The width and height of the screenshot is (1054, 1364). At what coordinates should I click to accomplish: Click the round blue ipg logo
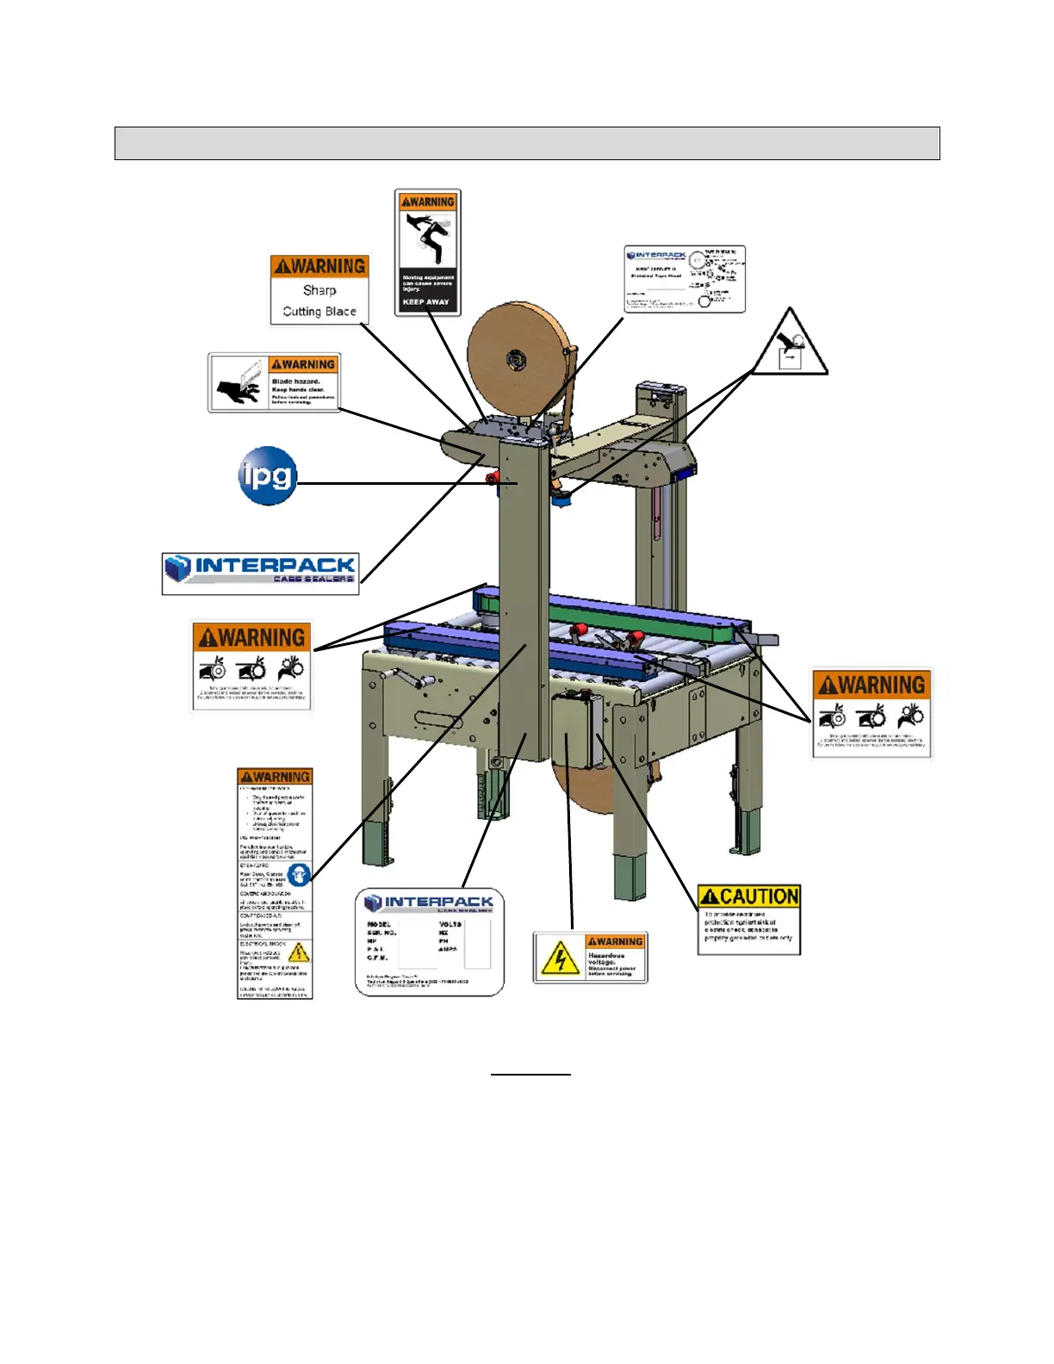point(268,475)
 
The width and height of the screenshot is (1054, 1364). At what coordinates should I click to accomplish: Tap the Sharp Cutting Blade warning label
point(319,289)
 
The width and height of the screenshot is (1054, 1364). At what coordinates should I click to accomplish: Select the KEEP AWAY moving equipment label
point(428,252)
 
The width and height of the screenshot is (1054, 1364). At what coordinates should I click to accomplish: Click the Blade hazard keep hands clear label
point(274,382)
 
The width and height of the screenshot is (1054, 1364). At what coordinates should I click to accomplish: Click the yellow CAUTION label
point(749,920)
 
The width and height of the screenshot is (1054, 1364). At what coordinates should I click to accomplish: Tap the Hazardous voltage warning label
point(590,958)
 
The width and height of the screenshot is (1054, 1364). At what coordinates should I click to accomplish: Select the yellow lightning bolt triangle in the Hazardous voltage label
point(560,958)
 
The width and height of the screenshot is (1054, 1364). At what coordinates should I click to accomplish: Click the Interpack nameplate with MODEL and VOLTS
point(430,943)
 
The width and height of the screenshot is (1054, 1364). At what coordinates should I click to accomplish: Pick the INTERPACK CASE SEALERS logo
point(261,572)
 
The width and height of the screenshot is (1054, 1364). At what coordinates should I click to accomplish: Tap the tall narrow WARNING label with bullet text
point(275,883)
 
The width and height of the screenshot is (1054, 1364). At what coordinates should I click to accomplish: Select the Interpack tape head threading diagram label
point(685,279)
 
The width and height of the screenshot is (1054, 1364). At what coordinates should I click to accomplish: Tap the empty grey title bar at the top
point(527,143)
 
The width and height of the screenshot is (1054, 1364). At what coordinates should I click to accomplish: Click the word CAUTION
point(759,896)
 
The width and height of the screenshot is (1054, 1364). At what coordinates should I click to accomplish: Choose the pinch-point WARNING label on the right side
point(871,714)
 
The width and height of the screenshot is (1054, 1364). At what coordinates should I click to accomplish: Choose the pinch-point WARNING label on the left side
point(251,666)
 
